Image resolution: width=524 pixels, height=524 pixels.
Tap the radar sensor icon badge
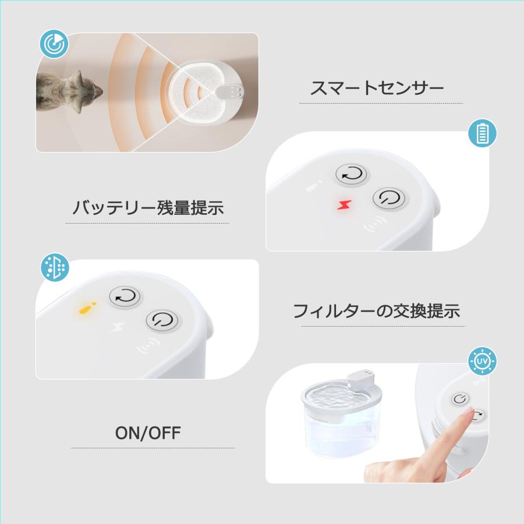point(54,44)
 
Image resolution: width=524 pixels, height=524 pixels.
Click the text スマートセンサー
point(377,89)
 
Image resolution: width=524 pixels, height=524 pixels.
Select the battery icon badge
point(483,134)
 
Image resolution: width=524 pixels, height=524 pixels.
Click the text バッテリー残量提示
point(148,208)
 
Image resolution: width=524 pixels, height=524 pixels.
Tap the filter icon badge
point(54,267)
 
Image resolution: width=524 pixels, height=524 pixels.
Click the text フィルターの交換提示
point(376,311)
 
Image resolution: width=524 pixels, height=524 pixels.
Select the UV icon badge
point(483,362)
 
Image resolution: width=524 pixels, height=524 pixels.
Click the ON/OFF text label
point(148,433)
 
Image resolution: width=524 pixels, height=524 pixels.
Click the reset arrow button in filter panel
point(125,297)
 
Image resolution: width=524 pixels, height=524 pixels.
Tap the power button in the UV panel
point(461,399)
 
